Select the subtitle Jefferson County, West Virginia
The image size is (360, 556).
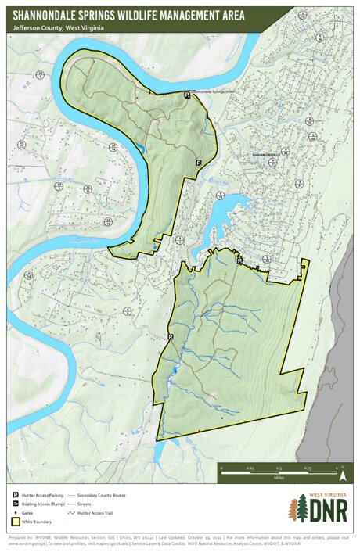pyautogui.click(x=59, y=28)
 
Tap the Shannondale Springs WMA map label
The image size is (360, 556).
pyautogui.click(x=214, y=91)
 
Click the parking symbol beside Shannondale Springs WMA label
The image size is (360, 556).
pyautogui.click(x=186, y=95)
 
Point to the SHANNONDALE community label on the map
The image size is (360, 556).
pyautogui.click(x=266, y=156)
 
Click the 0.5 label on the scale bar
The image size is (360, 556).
pyautogui.click(x=279, y=468)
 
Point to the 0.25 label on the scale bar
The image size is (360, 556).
pyautogui.click(x=250, y=468)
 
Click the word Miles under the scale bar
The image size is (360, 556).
pyautogui.click(x=279, y=476)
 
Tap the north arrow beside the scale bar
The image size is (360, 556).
pyautogui.click(x=342, y=472)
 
